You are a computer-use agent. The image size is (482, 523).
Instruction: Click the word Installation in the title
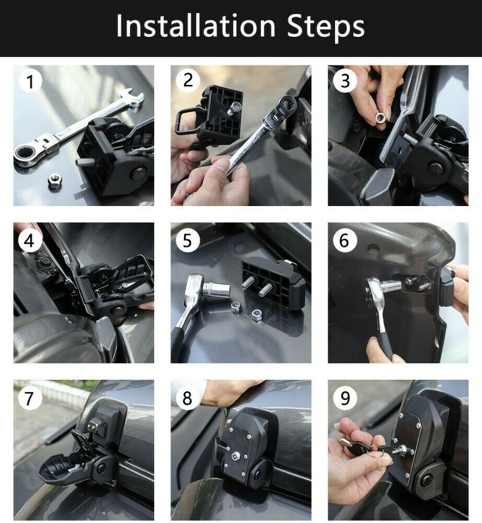pos(195,26)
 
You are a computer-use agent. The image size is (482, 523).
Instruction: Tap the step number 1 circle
pos(30,82)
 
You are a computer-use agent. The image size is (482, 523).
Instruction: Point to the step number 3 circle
pos(345,81)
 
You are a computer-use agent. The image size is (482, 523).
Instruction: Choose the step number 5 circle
pos(188,240)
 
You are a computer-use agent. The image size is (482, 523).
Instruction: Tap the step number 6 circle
pos(345,240)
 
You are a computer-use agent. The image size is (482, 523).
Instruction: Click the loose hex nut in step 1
pos(53,180)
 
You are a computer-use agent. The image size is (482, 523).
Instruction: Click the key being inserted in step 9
pos(361,445)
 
